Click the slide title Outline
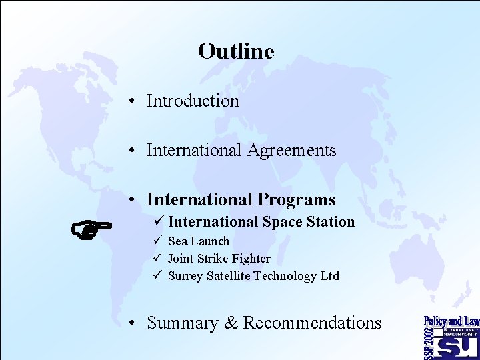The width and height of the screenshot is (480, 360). (236, 51)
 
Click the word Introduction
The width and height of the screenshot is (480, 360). (193, 101)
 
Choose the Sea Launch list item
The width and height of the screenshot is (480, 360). (198, 241)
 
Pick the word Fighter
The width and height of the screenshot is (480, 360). (249, 259)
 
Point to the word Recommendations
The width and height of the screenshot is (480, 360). (312, 323)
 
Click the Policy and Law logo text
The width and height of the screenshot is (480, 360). (451, 321)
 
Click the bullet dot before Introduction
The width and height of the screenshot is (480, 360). (134, 101)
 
